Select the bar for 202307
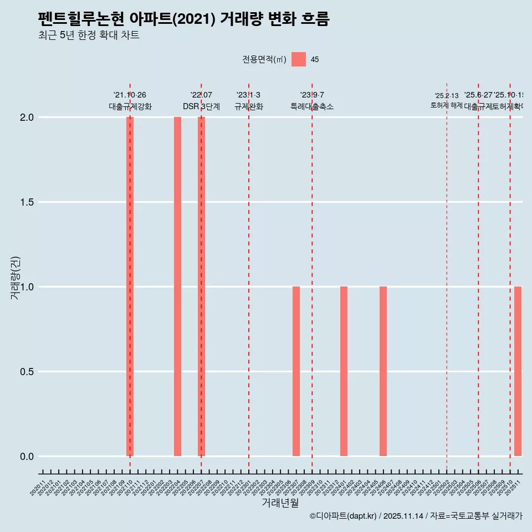pos(296,371)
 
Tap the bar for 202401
pos(344,371)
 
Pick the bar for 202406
pos(383,371)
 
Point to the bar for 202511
pos(518,371)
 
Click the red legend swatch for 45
pos(299,59)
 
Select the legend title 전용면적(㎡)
pos(264,59)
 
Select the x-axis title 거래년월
pos(280,503)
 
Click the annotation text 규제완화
pos(248,107)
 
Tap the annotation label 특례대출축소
pos(312,107)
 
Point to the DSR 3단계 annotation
pos(201,107)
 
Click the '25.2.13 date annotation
pos(446,96)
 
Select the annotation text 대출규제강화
pos(130,107)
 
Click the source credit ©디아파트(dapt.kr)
pos(343,516)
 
